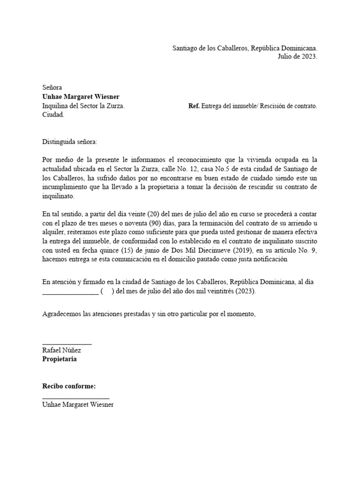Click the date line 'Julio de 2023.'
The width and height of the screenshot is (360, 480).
[x=298, y=57]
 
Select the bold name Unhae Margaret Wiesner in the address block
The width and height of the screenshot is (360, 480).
[x=81, y=97]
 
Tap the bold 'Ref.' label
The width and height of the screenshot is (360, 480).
[x=194, y=106]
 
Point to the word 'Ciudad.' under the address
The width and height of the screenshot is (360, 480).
[x=53, y=115]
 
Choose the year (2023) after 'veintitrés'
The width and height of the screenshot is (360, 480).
[x=245, y=291]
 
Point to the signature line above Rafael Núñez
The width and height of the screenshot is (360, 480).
[x=67, y=345]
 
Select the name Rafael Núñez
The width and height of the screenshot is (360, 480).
[x=61, y=350]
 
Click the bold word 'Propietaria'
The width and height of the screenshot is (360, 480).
[x=60, y=359]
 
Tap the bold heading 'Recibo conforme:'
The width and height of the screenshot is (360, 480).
[x=69, y=386]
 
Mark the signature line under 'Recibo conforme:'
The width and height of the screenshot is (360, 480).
[x=75, y=398]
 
